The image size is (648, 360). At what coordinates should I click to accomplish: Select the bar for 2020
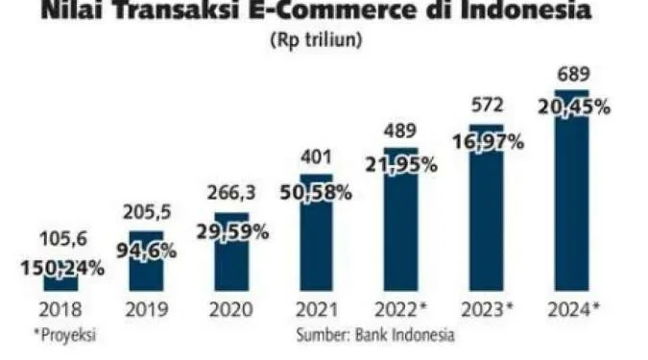pos(231,264)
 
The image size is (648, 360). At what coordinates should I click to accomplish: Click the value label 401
pos(316,159)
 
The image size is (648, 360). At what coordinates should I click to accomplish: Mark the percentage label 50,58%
pos(316,193)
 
